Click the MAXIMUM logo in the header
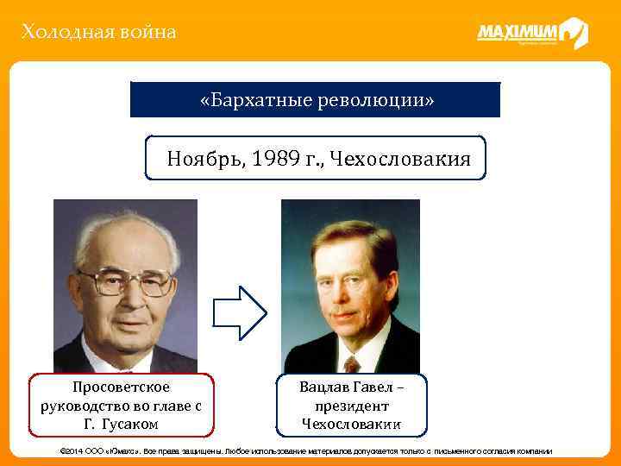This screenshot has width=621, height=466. [531, 34]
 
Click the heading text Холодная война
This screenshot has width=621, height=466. [99, 33]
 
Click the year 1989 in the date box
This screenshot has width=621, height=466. [275, 159]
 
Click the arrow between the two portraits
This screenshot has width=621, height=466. [240, 311]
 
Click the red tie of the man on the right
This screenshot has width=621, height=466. [352, 362]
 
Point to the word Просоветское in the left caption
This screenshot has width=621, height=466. [121, 387]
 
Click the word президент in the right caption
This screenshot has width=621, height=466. [351, 406]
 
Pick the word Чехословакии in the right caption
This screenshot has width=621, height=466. [351, 424]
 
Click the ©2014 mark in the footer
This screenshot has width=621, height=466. [71, 452]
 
